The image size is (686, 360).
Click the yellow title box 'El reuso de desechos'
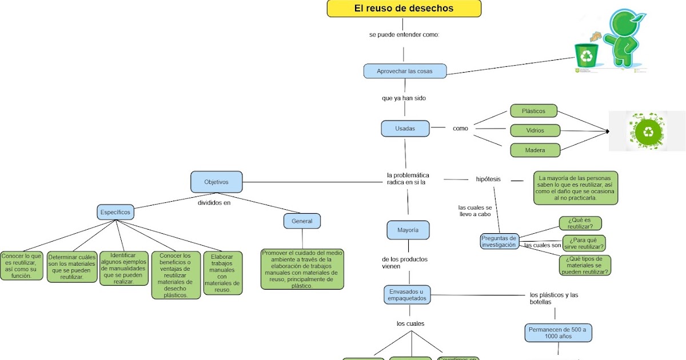tap(404, 9)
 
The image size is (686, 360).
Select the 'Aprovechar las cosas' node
tap(405, 71)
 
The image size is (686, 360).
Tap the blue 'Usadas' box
tap(405, 129)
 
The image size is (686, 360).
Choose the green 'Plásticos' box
tap(534, 111)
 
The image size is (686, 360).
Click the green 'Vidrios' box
tap(535, 130)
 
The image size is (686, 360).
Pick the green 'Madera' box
tap(535, 150)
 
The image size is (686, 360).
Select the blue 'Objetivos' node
tap(216, 182)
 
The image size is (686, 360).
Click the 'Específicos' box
tap(115, 212)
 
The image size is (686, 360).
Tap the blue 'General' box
tap(302, 221)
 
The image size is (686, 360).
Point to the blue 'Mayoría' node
tap(408, 230)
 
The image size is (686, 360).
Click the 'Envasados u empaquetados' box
tap(406, 295)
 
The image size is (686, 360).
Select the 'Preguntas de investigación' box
tap(499, 241)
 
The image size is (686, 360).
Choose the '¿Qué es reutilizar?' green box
tap(580, 223)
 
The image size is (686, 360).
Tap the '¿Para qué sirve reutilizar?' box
tap(583, 243)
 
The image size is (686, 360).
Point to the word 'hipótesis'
tap(488, 179)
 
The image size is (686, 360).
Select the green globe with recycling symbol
tap(648, 131)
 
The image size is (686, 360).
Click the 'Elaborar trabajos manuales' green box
tap(222, 273)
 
